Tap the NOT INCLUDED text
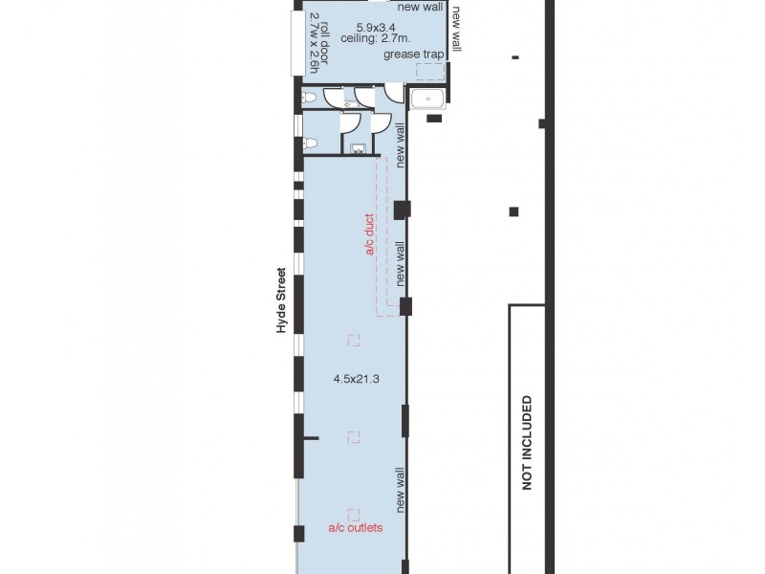click(x=526, y=442)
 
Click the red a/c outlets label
click(x=356, y=527)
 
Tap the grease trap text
click(x=414, y=55)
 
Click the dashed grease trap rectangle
click(x=429, y=71)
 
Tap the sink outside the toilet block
click(x=426, y=98)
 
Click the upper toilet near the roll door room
click(x=308, y=97)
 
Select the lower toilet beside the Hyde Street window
click(x=309, y=143)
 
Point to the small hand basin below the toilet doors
click(x=358, y=148)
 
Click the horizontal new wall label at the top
click(x=420, y=7)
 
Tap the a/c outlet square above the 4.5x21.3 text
click(x=354, y=340)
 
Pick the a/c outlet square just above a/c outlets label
click(x=354, y=514)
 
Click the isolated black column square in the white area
click(x=514, y=211)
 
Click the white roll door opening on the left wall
click(x=297, y=42)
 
